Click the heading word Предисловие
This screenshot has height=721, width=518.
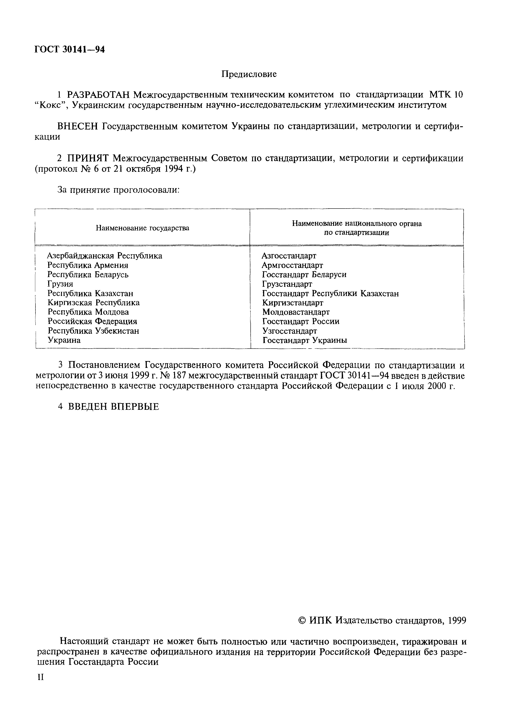click(x=249, y=74)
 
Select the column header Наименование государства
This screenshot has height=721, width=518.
click(x=142, y=228)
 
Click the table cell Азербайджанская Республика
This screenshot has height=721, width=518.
click(x=104, y=256)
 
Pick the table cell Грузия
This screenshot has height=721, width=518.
click(x=60, y=284)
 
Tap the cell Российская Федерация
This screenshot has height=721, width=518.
click(x=92, y=321)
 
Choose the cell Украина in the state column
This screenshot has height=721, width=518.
click(x=64, y=340)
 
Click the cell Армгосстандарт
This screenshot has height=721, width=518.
click(x=292, y=265)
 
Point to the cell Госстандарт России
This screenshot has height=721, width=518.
click(x=301, y=321)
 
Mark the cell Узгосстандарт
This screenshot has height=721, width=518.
click(x=290, y=331)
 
